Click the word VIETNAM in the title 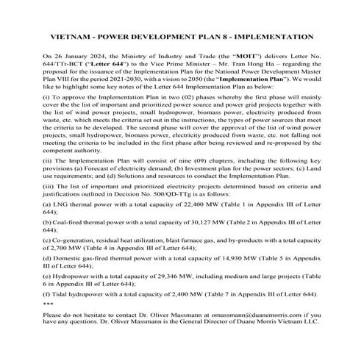pos(72,35)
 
